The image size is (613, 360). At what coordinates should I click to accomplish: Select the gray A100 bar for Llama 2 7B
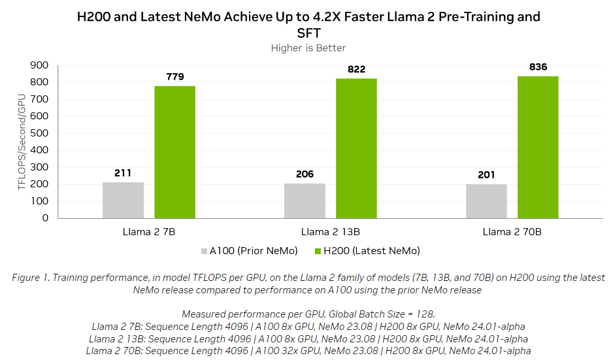coord(123,200)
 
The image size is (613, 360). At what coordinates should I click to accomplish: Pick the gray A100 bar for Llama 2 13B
coord(305,201)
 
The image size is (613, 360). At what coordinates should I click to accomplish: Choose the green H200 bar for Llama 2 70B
coord(538,147)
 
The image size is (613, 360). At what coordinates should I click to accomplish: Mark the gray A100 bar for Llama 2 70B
coord(486,201)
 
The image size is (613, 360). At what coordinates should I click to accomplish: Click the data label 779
coord(174,77)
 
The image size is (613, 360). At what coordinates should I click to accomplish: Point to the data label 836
coord(538,67)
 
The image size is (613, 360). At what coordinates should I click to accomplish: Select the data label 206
coord(305,174)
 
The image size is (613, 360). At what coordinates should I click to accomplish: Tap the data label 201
coord(486,174)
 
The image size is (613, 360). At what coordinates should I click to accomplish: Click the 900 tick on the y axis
coord(39,65)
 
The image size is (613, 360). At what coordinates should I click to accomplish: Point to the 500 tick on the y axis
coord(39,133)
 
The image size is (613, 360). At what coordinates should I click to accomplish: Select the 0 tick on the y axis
coord(44,218)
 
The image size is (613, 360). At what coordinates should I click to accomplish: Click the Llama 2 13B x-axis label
coord(331,232)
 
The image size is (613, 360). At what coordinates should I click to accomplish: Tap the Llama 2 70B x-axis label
coord(512,232)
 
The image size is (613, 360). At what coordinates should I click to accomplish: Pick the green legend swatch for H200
coord(319,251)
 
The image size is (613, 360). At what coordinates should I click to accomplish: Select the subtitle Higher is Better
coord(308,48)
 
